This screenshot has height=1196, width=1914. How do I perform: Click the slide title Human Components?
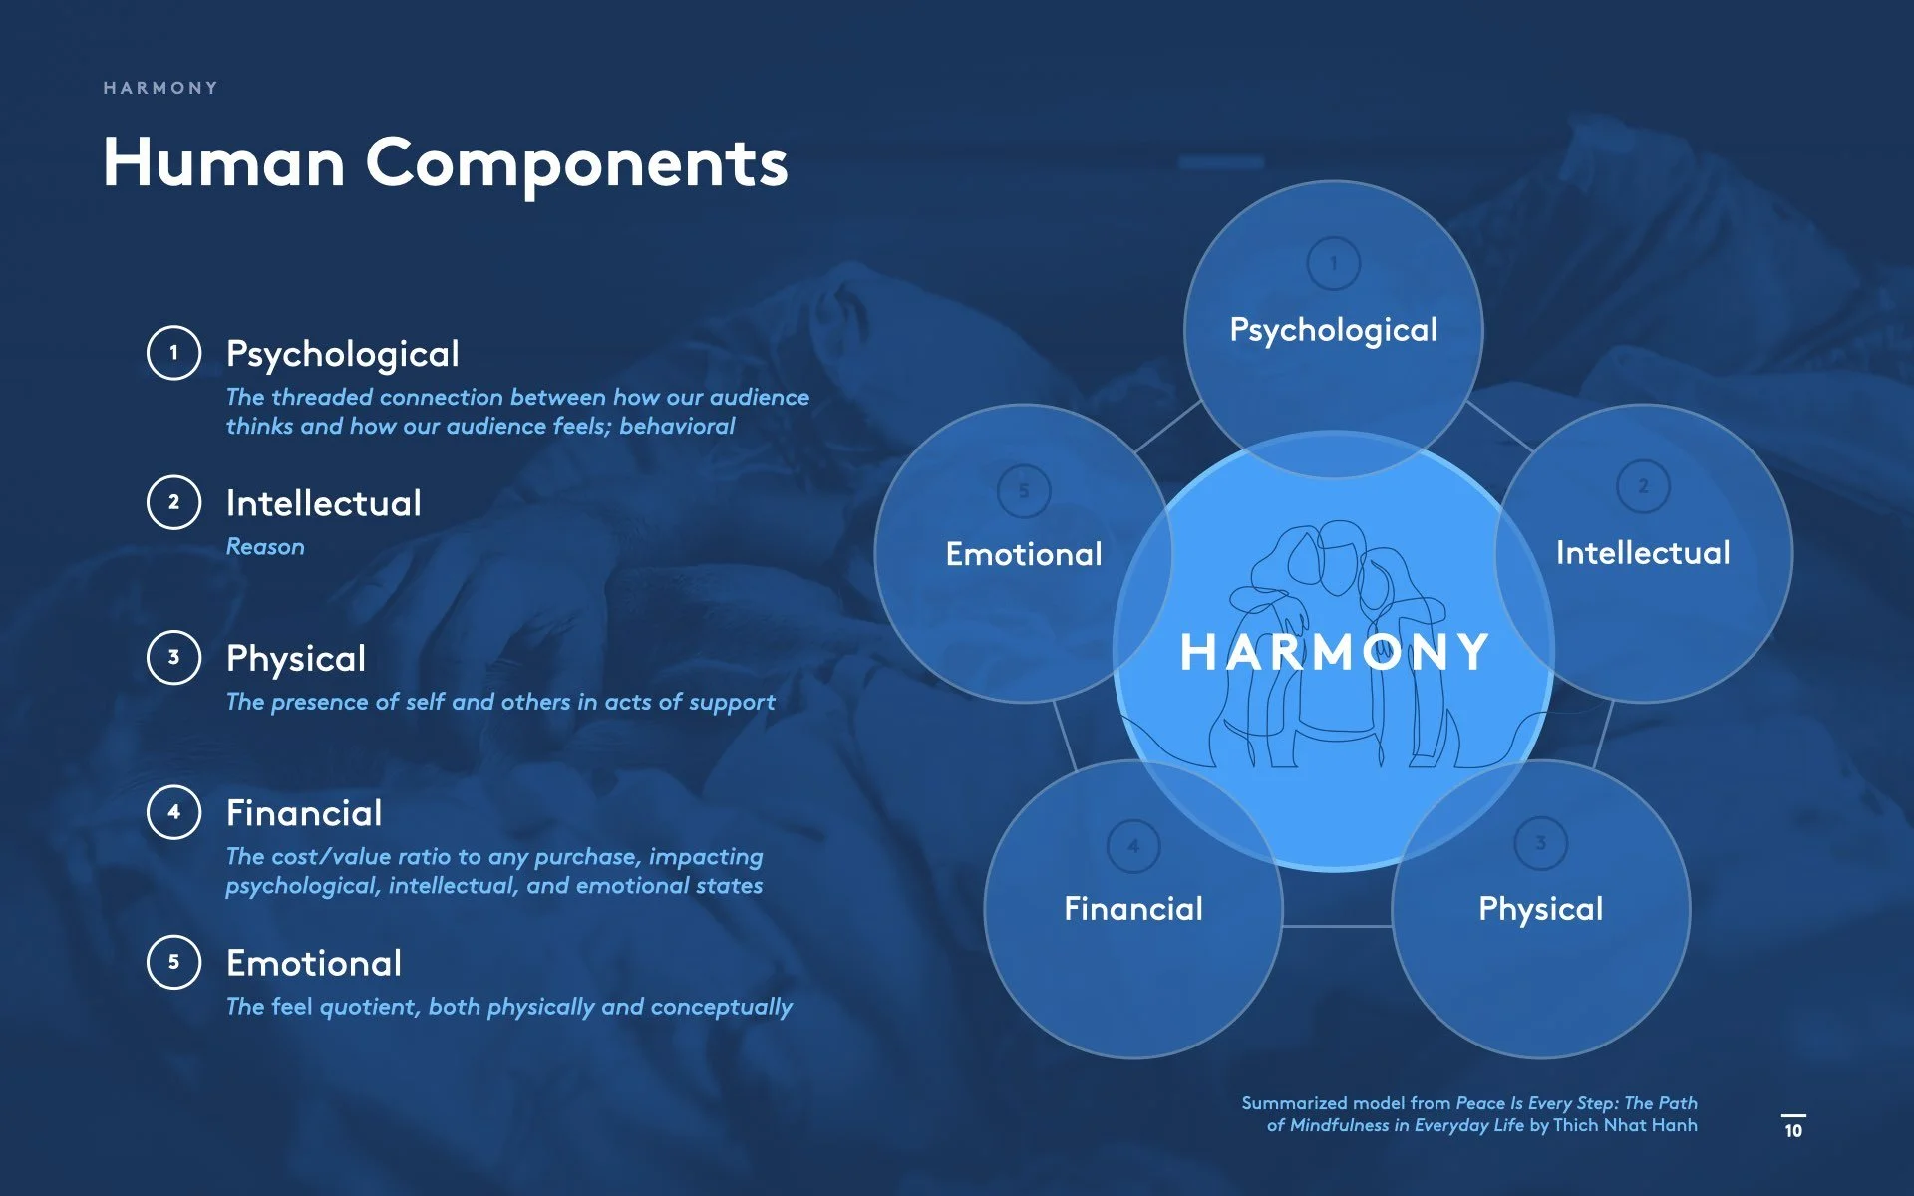click(x=445, y=162)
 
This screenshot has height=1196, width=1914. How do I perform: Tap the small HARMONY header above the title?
click(x=160, y=88)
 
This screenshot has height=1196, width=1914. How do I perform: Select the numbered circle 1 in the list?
click(x=173, y=352)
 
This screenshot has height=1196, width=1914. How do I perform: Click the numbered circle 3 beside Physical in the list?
click(x=173, y=657)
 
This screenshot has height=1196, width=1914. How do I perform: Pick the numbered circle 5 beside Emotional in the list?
click(x=173, y=962)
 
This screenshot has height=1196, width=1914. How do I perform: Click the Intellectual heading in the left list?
click(x=323, y=503)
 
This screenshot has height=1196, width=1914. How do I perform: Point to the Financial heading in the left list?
click(x=303, y=813)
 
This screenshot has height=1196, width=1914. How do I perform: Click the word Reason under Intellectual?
click(x=265, y=546)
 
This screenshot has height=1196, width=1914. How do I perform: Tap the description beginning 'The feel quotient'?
click(x=508, y=1007)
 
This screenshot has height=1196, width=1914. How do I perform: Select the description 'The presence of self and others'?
click(x=499, y=702)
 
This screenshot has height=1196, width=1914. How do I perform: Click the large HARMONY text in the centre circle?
click(x=1334, y=653)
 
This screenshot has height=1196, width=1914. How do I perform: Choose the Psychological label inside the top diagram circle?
click(x=1333, y=330)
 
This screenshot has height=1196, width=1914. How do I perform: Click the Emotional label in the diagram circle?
click(x=1023, y=554)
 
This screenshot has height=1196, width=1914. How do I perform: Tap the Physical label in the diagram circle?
click(x=1540, y=909)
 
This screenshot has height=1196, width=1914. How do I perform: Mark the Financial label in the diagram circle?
click(x=1132, y=909)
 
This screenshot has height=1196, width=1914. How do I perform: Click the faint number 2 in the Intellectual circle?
click(x=1643, y=486)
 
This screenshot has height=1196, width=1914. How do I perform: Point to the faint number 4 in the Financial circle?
click(x=1133, y=846)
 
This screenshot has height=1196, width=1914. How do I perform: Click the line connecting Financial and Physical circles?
click(x=1337, y=926)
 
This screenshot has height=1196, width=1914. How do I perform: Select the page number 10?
click(x=1793, y=1130)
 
